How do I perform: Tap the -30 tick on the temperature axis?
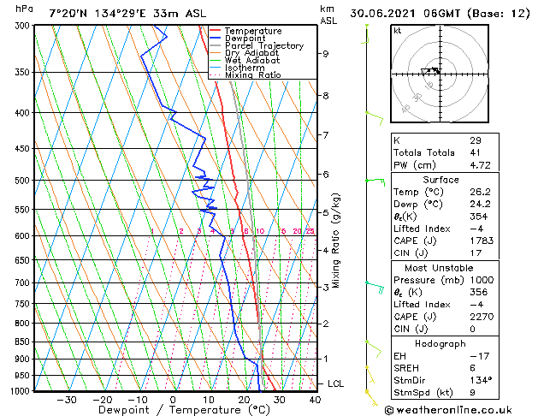tap(66, 399)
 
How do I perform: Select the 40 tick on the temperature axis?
tap(315, 399)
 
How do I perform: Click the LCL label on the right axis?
tap(335, 383)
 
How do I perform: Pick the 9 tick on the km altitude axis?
tap(326, 53)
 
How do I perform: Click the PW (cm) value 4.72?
tap(479, 165)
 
